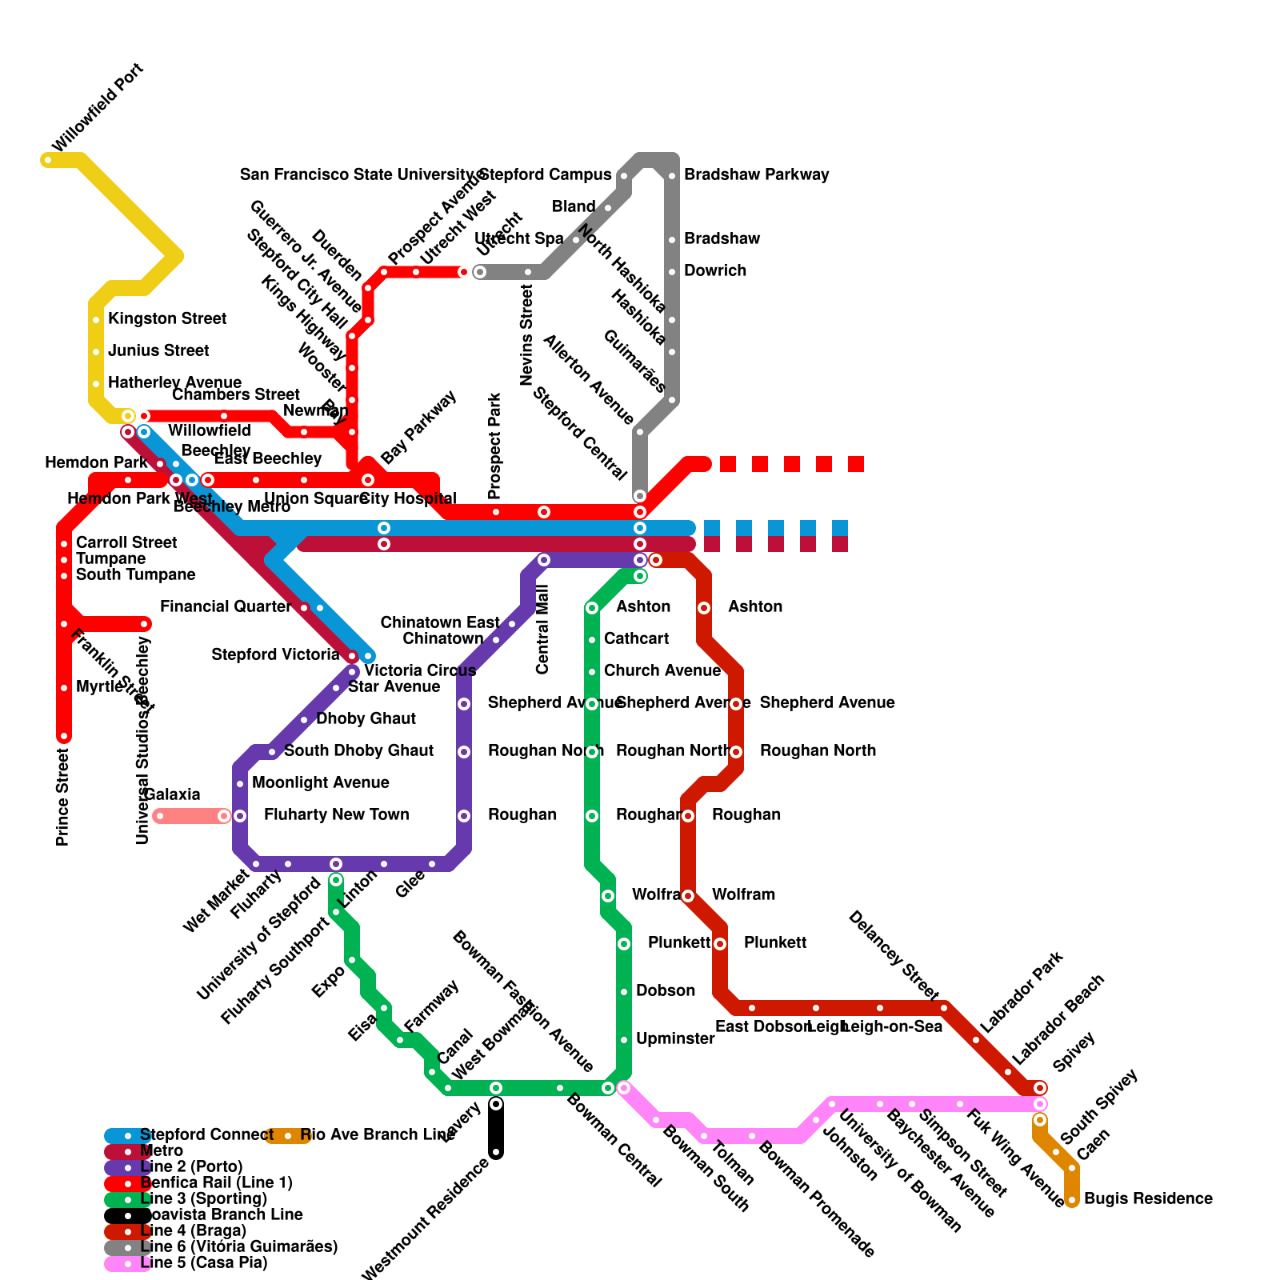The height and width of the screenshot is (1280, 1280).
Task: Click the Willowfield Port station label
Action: click(98, 107)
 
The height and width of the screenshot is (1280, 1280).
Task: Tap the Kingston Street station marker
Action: click(96, 320)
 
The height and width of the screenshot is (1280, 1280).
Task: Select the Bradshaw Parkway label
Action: click(756, 174)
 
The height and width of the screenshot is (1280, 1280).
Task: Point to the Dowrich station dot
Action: click(672, 272)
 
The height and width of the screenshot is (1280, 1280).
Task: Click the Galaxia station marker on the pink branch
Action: click(160, 816)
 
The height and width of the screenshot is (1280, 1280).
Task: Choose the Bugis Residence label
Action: click(1148, 1198)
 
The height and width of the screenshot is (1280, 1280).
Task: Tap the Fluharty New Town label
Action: click(336, 814)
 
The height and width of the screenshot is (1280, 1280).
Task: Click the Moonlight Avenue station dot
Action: click(240, 784)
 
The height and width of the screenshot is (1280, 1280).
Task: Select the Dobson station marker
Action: click(624, 992)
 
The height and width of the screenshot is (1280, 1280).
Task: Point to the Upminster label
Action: click(675, 1038)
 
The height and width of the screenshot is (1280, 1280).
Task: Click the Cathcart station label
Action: click(636, 638)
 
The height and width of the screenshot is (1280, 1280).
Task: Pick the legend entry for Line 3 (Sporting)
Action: click(203, 1198)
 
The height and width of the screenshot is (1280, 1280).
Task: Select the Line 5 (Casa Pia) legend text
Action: click(203, 1262)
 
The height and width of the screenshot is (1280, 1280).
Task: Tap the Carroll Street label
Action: click(126, 542)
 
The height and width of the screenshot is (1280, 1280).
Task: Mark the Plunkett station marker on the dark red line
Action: click(720, 944)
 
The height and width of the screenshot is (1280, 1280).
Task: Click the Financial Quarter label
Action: click(226, 606)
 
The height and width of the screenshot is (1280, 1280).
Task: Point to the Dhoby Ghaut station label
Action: click(366, 718)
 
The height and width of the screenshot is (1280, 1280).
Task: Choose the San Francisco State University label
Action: click(358, 174)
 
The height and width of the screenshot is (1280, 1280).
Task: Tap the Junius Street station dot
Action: click(96, 352)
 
